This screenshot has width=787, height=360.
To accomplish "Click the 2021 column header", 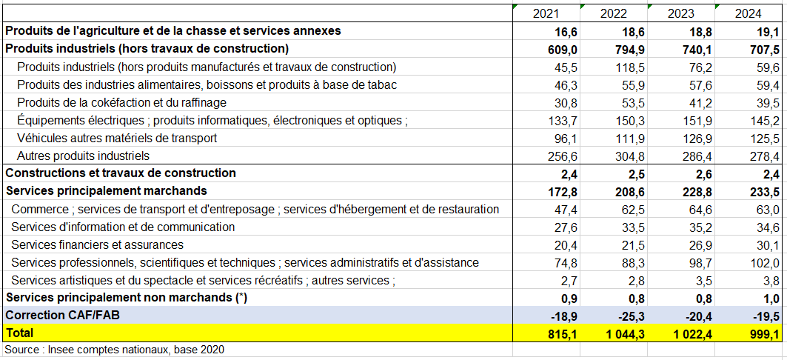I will (546, 13).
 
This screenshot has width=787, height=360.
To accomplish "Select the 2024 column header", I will (749, 13).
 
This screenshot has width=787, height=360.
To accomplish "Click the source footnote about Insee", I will (114, 350).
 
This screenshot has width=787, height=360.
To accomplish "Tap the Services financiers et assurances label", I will (97, 244).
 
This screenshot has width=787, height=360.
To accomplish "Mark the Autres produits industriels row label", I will (83, 156).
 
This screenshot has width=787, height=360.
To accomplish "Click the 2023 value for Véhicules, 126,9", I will (697, 138).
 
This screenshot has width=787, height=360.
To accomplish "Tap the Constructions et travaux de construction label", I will (121, 173).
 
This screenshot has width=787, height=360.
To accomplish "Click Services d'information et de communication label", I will (123, 227).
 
